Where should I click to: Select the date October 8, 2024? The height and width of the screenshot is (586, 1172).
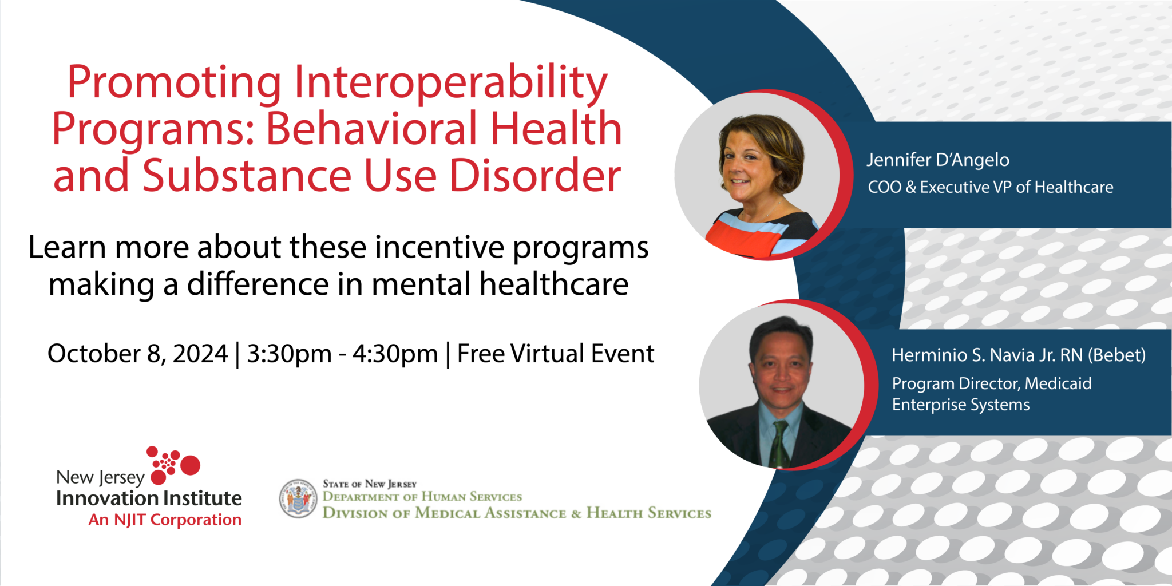137,354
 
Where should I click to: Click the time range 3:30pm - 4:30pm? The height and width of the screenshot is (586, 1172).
342,354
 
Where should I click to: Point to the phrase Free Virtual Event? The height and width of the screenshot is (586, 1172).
555,353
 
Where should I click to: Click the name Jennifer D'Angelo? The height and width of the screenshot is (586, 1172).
938,160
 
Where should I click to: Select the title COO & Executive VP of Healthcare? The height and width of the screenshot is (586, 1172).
991,187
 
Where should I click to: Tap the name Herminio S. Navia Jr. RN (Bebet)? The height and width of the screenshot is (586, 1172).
1019,355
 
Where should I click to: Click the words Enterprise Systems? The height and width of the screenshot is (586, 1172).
961,405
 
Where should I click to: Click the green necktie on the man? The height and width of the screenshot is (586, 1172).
779,444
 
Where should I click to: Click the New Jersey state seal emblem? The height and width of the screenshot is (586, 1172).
298,498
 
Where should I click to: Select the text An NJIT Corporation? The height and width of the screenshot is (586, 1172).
165,520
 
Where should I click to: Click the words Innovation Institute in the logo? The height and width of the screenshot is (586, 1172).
149,498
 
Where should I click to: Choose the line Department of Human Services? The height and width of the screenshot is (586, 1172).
422,497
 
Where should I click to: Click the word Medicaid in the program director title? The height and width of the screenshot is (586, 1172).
1058,383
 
